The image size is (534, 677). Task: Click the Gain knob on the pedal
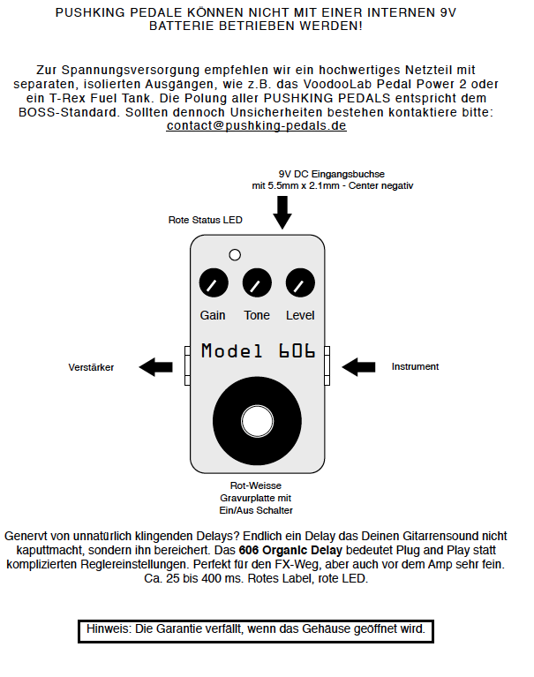[214, 282]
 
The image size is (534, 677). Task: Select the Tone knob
[257, 282]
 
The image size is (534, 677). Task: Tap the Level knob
[300, 282]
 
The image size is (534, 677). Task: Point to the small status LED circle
[235, 255]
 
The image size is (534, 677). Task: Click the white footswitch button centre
[257, 421]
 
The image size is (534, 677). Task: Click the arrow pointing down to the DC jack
[282, 213]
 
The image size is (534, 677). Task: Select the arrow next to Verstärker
[155, 367]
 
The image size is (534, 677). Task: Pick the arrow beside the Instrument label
[358, 367]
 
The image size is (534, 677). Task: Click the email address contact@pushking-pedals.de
[257, 125]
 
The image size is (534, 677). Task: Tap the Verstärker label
[91, 367]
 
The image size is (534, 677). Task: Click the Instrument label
[415, 366]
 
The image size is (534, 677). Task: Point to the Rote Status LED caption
[206, 220]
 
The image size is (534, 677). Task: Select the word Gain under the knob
[213, 315]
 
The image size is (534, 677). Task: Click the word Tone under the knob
[257, 315]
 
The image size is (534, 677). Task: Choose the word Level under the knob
[300, 315]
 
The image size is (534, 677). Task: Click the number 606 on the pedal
[297, 351]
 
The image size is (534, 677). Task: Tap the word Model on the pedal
[231, 351]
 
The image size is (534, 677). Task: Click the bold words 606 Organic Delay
[290, 550]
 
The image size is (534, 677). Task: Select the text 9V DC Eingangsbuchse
[332, 174]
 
